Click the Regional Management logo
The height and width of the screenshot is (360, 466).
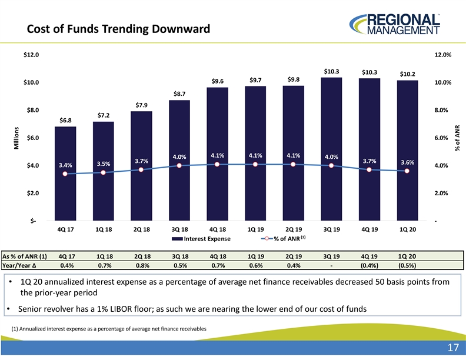coord(395,24)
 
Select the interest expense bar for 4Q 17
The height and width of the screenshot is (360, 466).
coord(65,174)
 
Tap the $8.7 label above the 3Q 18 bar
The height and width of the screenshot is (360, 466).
coord(179,94)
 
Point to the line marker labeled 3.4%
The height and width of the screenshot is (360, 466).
coord(65,174)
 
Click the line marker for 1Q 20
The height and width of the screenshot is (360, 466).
coord(407,171)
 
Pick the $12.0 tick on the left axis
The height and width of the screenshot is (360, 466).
coord(31,55)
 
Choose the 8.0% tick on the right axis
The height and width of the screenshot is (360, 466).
coord(441,110)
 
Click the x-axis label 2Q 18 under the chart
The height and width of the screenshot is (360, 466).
coord(141,229)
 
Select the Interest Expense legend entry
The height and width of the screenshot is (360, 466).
coord(201,239)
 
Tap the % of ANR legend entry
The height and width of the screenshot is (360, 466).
coord(283,238)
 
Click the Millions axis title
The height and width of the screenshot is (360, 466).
coord(16,138)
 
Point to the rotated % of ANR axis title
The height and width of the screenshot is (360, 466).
coord(457,138)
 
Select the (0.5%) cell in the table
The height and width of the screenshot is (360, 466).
coord(407,265)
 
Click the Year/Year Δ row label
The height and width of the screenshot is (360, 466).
coord(19,265)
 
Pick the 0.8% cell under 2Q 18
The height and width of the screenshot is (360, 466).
coord(142,265)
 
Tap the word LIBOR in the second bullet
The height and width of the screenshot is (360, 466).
coord(121,309)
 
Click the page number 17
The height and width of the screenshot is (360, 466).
coord(453,348)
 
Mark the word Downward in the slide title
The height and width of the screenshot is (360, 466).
coord(181,29)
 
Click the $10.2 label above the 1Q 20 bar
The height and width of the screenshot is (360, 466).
coord(407,74)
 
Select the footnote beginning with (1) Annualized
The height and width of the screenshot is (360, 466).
coord(109,329)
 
